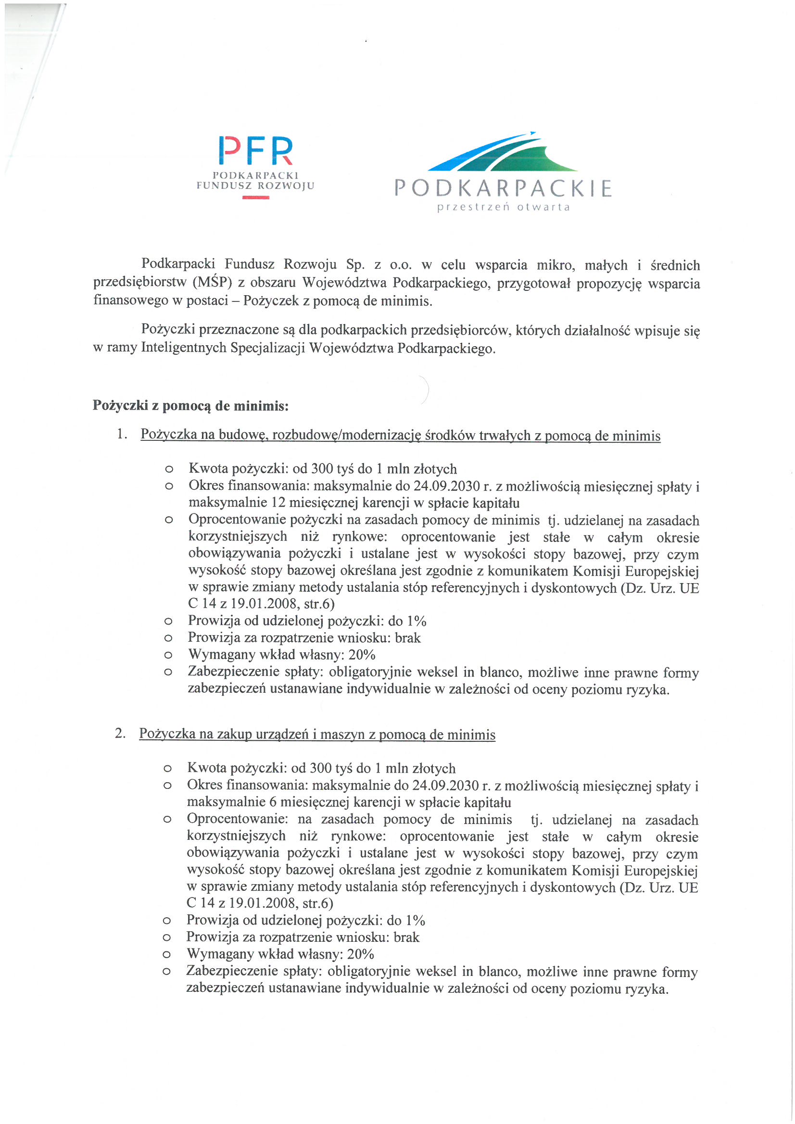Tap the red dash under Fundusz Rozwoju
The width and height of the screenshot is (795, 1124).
(x=256, y=197)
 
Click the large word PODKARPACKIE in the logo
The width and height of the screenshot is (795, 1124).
(x=503, y=188)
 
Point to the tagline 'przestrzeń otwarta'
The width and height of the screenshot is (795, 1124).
(x=504, y=207)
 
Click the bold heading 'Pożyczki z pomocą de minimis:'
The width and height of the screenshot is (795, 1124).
(x=190, y=406)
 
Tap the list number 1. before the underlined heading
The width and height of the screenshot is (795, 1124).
(x=123, y=434)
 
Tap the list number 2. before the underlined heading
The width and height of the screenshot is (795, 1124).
(x=121, y=733)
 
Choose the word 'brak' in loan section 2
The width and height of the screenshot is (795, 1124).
(x=406, y=937)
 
